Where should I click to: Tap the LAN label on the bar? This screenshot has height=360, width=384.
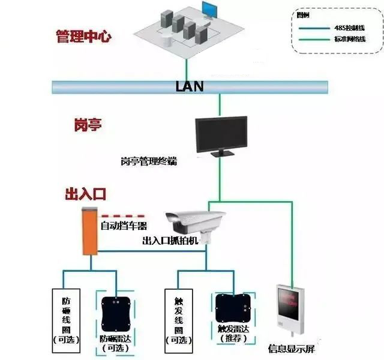[x=190, y=86]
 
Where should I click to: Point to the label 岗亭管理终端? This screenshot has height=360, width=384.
[x=148, y=161]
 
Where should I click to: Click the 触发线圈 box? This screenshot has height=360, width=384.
[x=178, y=318]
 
